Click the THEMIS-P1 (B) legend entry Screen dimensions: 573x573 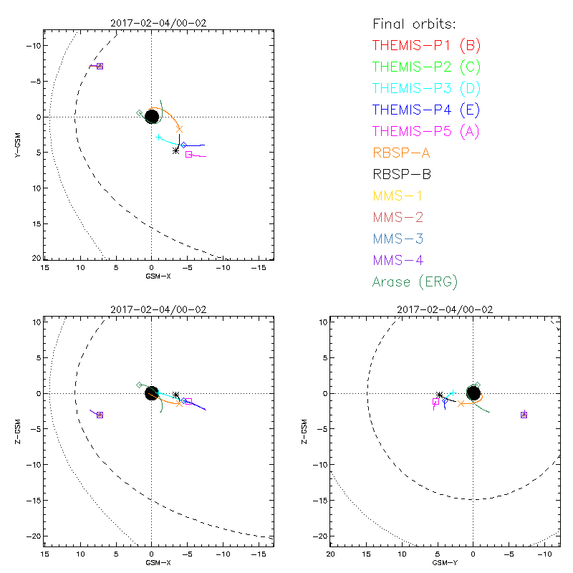point(427,46)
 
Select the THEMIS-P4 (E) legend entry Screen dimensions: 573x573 point(426,110)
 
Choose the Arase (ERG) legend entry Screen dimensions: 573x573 point(415,281)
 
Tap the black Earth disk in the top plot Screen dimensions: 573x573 point(152,117)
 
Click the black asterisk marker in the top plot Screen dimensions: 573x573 point(175,150)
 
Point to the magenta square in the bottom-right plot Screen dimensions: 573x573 point(435,402)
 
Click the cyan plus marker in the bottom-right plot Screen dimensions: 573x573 point(453,393)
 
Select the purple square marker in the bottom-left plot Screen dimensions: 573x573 point(100,415)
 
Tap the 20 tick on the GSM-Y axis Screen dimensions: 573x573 point(331,554)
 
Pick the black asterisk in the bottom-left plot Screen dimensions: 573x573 point(175,395)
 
